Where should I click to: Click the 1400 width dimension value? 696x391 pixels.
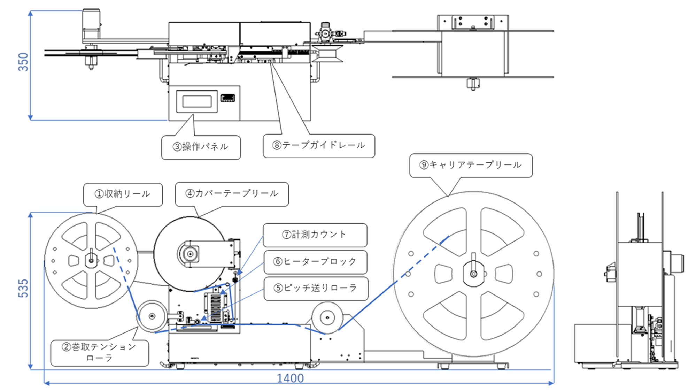point(290,378)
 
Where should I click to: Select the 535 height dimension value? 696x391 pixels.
point(23,288)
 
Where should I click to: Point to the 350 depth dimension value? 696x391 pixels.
point(23,62)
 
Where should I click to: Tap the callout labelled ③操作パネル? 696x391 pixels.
point(201,147)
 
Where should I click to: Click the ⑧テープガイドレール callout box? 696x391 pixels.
point(319,146)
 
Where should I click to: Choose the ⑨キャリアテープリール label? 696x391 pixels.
point(471,166)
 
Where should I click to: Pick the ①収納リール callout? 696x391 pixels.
point(123,194)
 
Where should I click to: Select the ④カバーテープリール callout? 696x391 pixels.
point(232,194)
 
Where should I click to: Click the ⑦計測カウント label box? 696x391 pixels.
point(315,235)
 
